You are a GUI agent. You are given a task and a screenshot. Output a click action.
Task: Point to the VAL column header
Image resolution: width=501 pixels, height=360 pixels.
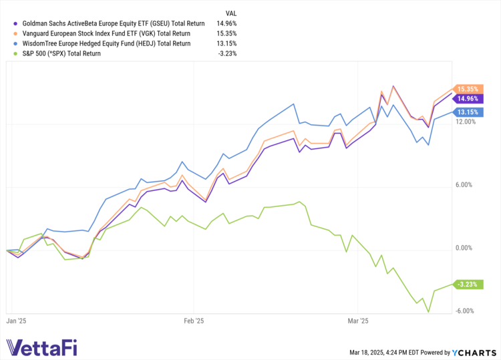click(230, 12)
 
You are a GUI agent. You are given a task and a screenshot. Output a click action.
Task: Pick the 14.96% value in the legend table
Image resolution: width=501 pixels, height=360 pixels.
click(227, 23)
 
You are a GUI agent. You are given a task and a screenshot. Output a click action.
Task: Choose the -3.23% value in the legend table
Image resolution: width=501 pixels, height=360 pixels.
click(228, 53)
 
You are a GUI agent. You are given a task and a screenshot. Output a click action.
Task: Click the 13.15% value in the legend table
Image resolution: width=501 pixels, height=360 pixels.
click(227, 43)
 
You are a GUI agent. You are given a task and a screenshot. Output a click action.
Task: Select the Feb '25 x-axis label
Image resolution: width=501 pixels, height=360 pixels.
click(192, 321)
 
